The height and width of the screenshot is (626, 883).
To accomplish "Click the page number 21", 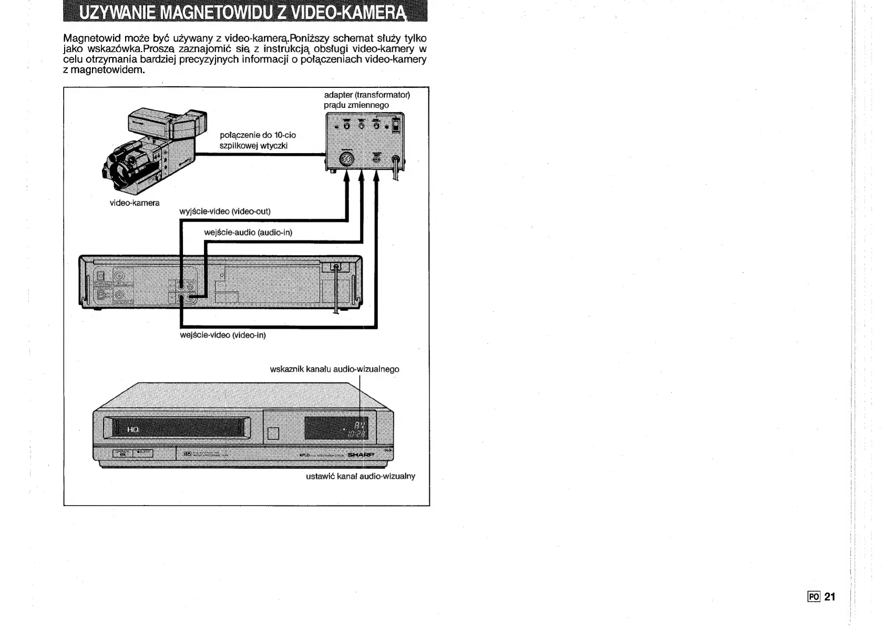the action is (829, 597).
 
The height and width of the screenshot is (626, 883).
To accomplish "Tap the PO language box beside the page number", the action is (814, 597).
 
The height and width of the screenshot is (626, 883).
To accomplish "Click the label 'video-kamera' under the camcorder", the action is (135, 203).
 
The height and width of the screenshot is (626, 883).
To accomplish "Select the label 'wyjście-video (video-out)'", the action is (225, 211).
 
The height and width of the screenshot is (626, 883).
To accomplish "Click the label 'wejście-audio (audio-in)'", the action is (248, 233).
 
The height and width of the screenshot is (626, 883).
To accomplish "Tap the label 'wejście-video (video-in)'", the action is (223, 335).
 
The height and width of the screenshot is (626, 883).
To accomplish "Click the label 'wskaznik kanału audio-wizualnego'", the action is (334, 369).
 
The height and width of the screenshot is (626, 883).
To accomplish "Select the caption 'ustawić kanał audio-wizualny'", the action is (361, 477).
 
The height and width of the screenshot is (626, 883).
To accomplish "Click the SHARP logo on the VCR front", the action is (360, 455).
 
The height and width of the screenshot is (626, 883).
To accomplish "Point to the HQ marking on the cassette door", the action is (132, 430).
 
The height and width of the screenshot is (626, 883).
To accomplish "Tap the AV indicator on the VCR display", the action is (360, 425).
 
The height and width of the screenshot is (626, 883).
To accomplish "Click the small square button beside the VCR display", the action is (273, 433).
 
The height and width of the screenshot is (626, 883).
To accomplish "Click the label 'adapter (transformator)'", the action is (367, 95).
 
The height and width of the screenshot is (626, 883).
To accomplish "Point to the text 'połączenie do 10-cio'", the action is (258, 136).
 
